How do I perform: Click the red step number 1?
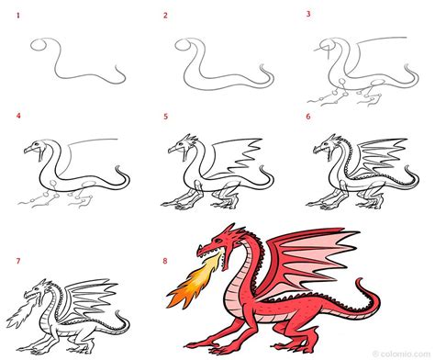click(18, 15)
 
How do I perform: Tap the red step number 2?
click(165, 16)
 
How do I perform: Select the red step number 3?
click(308, 14)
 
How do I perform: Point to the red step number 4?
click(18, 116)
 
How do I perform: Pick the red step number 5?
click(166, 117)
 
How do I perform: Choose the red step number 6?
click(308, 117)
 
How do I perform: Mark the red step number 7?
click(18, 261)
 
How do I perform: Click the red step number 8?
click(165, 261)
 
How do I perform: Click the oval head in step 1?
click(39, 45)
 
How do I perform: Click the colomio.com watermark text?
click(405, 354)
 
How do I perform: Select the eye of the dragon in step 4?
click(37, 144)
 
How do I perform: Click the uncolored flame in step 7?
click(21, 312)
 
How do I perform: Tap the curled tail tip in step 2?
click(262, 65)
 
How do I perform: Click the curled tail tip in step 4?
click(117, 168)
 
